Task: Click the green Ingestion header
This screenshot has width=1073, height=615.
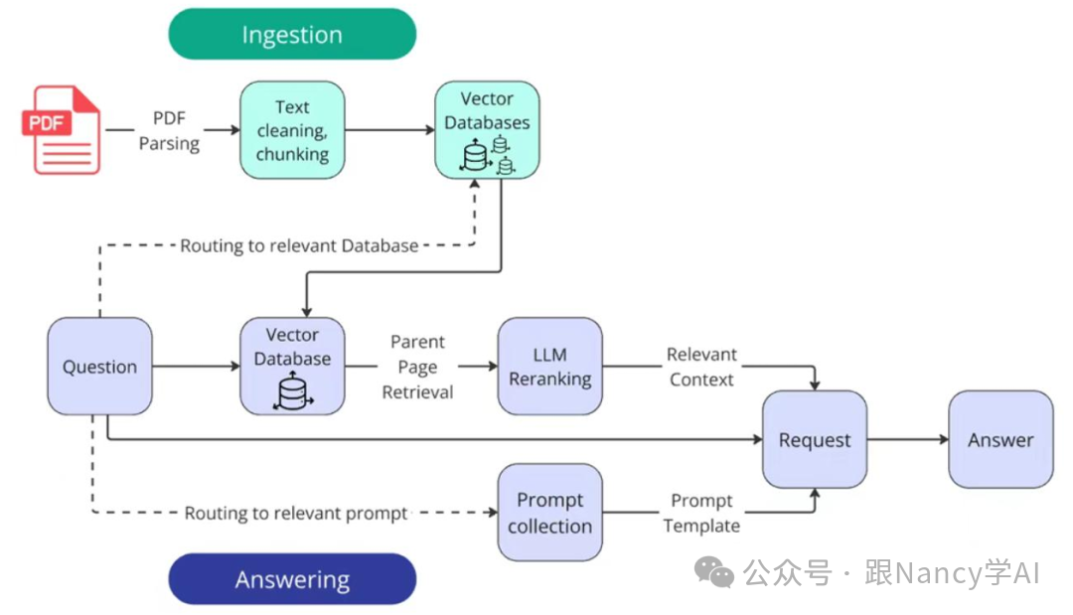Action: pyautogui.click(x=292, y=35)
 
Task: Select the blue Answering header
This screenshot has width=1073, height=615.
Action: pyautogui.click(x=292, y=579)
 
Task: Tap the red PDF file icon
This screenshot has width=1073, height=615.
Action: pyautogui.click(x=62, y=130)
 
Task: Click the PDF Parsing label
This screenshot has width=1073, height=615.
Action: pyautogui.click(x=169, y=131)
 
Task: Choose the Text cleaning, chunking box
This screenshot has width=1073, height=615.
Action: pyautogui.click(x=292, y=130)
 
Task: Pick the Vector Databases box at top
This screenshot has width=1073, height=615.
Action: pyautogui.click(x=487, y=130)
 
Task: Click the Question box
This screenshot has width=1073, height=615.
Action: pyautogui.click(x=99, y=367)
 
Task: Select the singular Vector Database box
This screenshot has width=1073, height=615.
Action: pyautogui.click(x=292, y=367)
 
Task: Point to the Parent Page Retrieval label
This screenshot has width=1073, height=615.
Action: pyautogui.click(x=417, y=367)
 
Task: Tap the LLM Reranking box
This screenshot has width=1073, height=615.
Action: pyautogui.click(x=549, y=367)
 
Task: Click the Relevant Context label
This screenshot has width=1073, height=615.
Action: pyautogui.click(x=701, y=367)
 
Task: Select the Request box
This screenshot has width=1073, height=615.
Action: pyautogui.click(x=815, y=440)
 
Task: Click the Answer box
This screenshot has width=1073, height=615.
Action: pyautogui.click(x=1000, y=440)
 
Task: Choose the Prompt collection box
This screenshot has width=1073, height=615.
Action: pyautogui.click(x=549, y=513)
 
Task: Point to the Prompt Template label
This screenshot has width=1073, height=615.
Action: pyautogui.click(x=701, y=513)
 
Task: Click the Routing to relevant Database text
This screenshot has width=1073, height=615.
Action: pyautogui.click(x=299, y=245)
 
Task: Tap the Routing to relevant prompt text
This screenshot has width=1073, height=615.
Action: pyautogui.click(x=296, y=514)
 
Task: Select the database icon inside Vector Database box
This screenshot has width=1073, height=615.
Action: pyautogui.click(x=292, y=392)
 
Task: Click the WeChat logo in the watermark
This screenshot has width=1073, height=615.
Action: pyautogui.click(x=714, y=572)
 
